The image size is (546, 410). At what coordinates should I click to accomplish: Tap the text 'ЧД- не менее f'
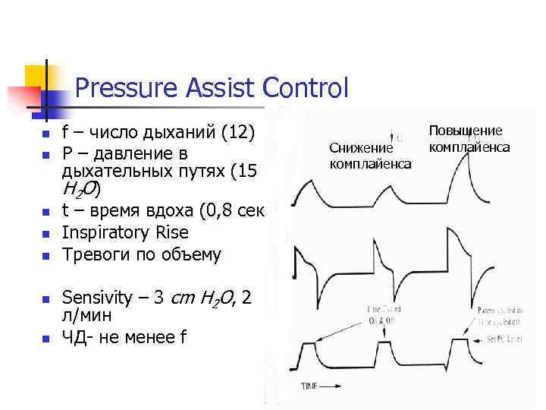click(x=124, y=338)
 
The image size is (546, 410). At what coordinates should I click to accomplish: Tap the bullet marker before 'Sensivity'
click(x=45, y=298)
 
